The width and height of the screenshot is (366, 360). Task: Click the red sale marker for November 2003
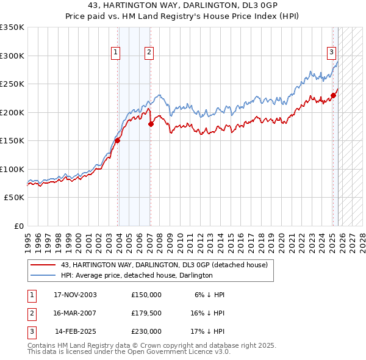(118, 140)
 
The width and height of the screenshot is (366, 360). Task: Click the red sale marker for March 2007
(151, 124)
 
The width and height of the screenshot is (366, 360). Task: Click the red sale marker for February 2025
(334, 95)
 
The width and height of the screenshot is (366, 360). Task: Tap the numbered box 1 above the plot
(116, 53)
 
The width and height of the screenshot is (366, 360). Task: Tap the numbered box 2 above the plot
(149, 53)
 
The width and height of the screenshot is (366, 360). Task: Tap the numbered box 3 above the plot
(331, 53)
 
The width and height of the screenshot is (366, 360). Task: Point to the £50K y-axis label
(13, 198)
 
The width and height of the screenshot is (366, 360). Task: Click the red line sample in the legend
(42, 265)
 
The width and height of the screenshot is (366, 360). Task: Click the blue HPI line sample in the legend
(42, 275)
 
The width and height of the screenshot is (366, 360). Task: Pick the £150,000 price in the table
(146, 294)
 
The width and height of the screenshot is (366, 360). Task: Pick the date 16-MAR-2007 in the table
(75, 313)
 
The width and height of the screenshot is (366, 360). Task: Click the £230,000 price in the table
(146, 331)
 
